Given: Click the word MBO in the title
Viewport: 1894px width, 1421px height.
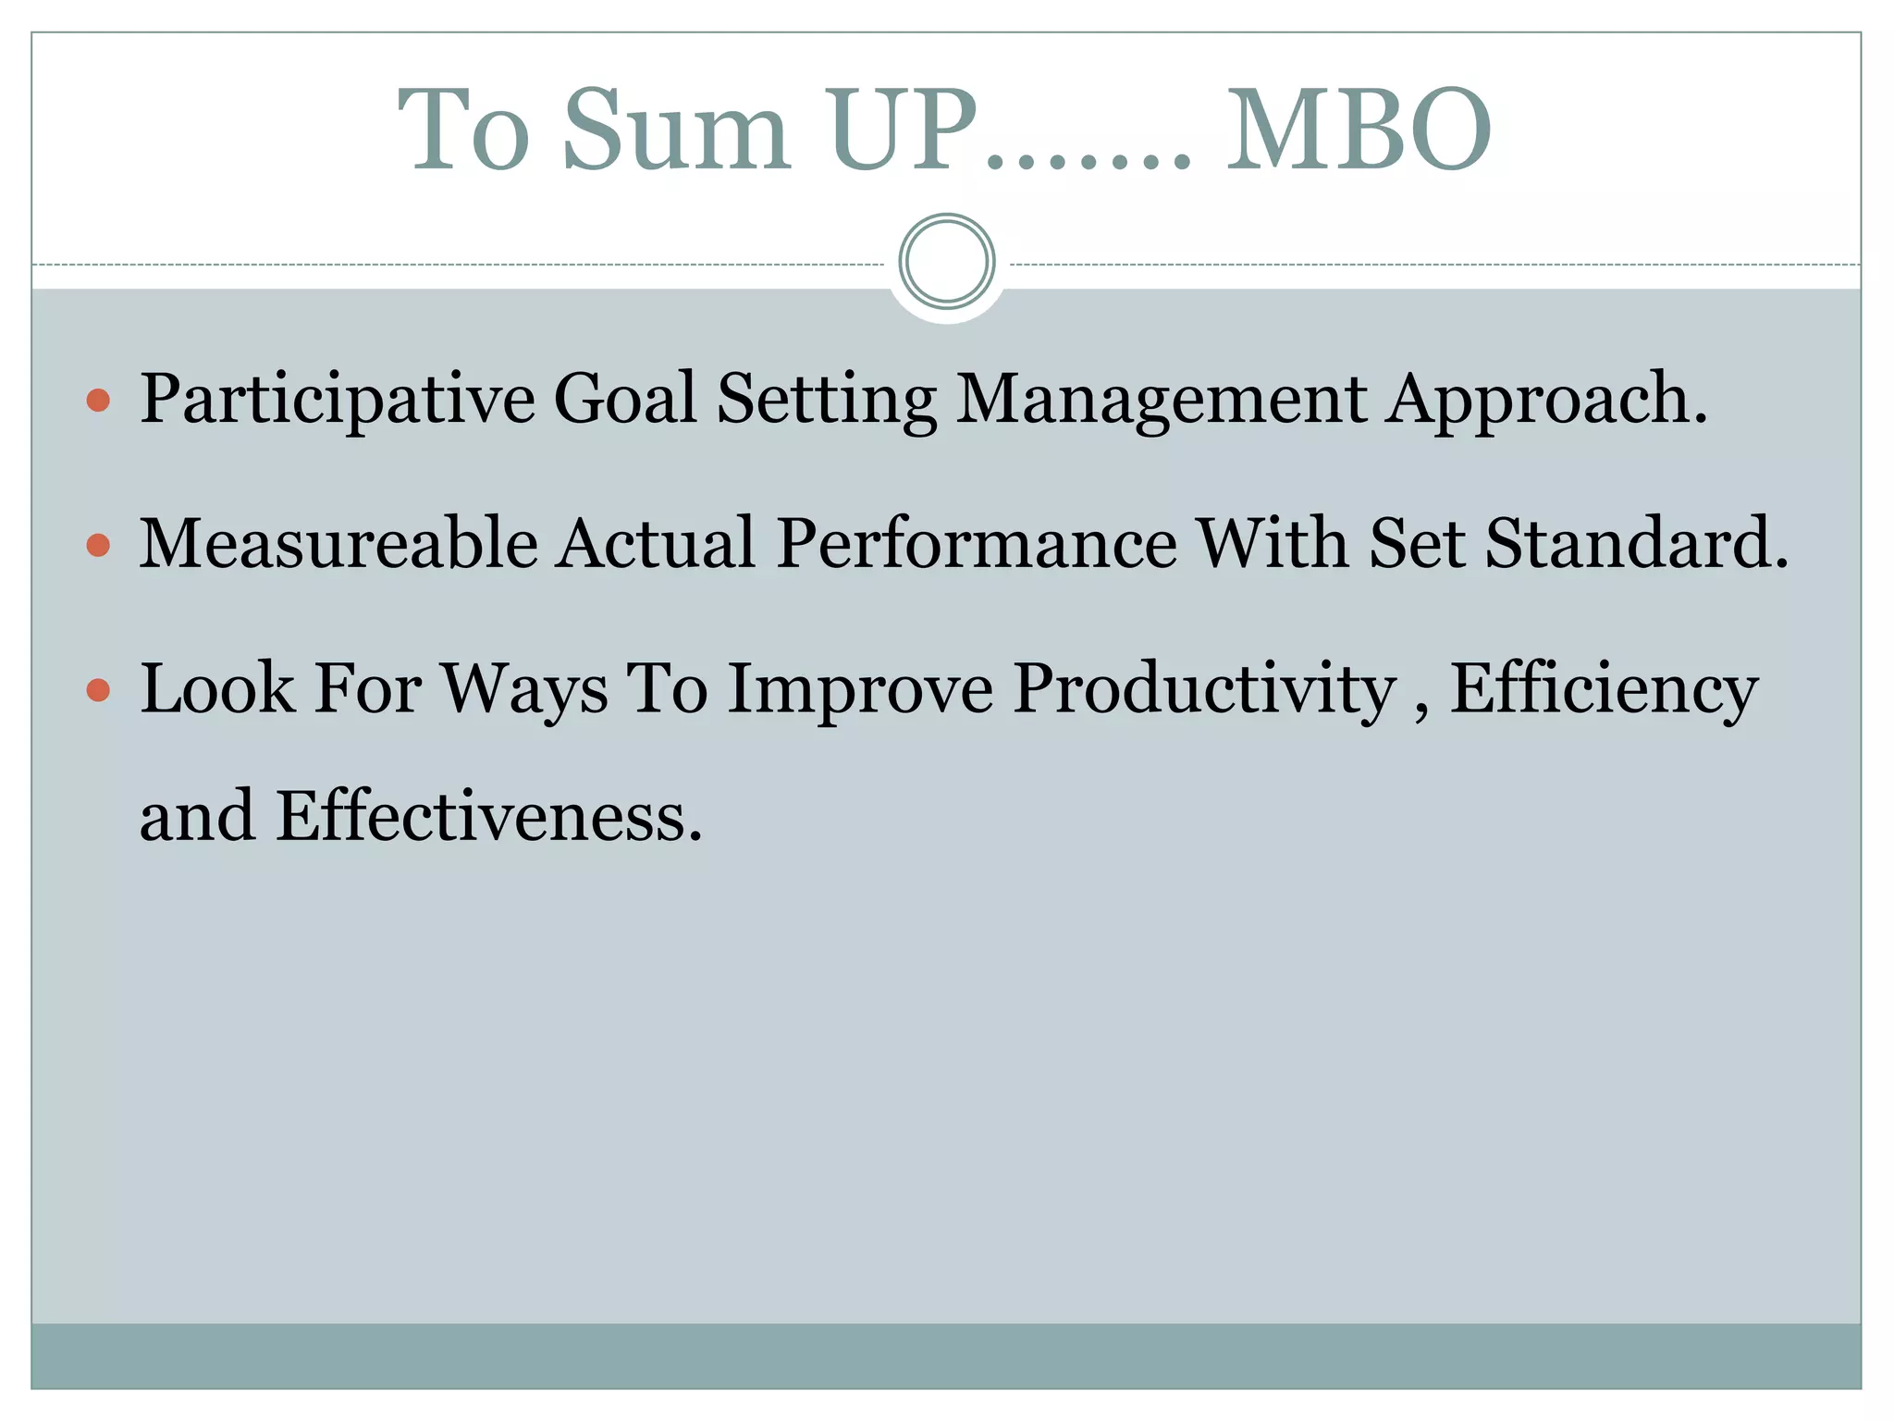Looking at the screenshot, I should pyautogui.click(x=1358, y=131).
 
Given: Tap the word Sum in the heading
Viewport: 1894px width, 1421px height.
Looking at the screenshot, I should pyautogui.click(x=676, y=131).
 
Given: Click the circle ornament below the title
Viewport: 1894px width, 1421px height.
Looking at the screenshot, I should pyautogui.click(x=946, y=262).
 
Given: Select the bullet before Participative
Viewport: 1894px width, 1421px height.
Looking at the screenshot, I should pyautogui.click(x=98, y=401).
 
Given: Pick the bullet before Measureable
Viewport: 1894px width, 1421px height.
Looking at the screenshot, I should pyautogui.click(x=98, y=545).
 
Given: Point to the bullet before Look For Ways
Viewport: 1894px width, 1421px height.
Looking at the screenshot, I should pyautogui.click(x=98, y=690).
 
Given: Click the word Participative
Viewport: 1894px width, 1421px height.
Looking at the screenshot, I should pyautogui.click(x=338, y=400).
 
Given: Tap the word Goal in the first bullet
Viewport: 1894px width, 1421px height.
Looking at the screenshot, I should pyautogui.click(x=624, y=398).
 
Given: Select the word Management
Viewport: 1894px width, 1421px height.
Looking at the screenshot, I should pyautogui.click(x=1161, y=400).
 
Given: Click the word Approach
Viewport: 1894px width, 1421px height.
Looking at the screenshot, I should pyautogui.click(x=1545, y=400).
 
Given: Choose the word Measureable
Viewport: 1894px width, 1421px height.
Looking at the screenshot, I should pyautogui.click(x=338, y=544).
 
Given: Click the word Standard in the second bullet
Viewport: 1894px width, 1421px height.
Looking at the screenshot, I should pyautogui.click(x=1636, y=544).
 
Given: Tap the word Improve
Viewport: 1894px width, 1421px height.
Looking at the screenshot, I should pyautogui.click(x=860, y=690).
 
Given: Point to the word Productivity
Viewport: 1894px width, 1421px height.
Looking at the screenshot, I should pyautogui.click(x=1204, y=690).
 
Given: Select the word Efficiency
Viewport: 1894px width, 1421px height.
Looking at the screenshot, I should pyautogui.click(x=1604, y=690).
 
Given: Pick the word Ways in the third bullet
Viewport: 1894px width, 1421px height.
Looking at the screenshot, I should pyautogui.click(x=524, y=690).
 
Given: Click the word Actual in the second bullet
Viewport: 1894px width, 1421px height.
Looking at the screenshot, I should pyautogui.click(x=657, y=544).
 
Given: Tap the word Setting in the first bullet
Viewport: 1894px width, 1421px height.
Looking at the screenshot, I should pyautogui.click(x=827, y=400).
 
